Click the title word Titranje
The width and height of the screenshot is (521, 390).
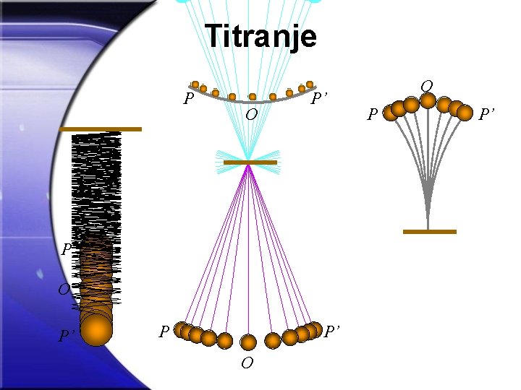click(260, 35)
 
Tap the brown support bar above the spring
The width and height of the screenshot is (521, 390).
click(101, 129)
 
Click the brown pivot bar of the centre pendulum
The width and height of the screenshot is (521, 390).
click(250, 162)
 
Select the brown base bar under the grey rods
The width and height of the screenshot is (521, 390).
click(429, 232)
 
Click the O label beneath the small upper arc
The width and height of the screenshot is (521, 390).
click(250, 116)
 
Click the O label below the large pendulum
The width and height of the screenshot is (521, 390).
click(247, 363)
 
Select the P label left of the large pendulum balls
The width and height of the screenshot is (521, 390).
click(164, 331)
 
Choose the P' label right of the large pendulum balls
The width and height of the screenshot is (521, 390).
click(332, 331)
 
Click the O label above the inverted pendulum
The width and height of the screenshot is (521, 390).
click(427, 87)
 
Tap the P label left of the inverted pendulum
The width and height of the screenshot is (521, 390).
click(372, 114)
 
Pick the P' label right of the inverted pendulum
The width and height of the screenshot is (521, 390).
click(486, 113)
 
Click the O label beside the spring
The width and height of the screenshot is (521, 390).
click(64, 290)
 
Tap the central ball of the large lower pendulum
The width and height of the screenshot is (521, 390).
click(248, 342)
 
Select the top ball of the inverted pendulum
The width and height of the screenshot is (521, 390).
click(428, 100)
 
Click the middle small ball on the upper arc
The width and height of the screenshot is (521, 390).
click(252, 97)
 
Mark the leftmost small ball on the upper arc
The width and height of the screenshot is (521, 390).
click(195, 84)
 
